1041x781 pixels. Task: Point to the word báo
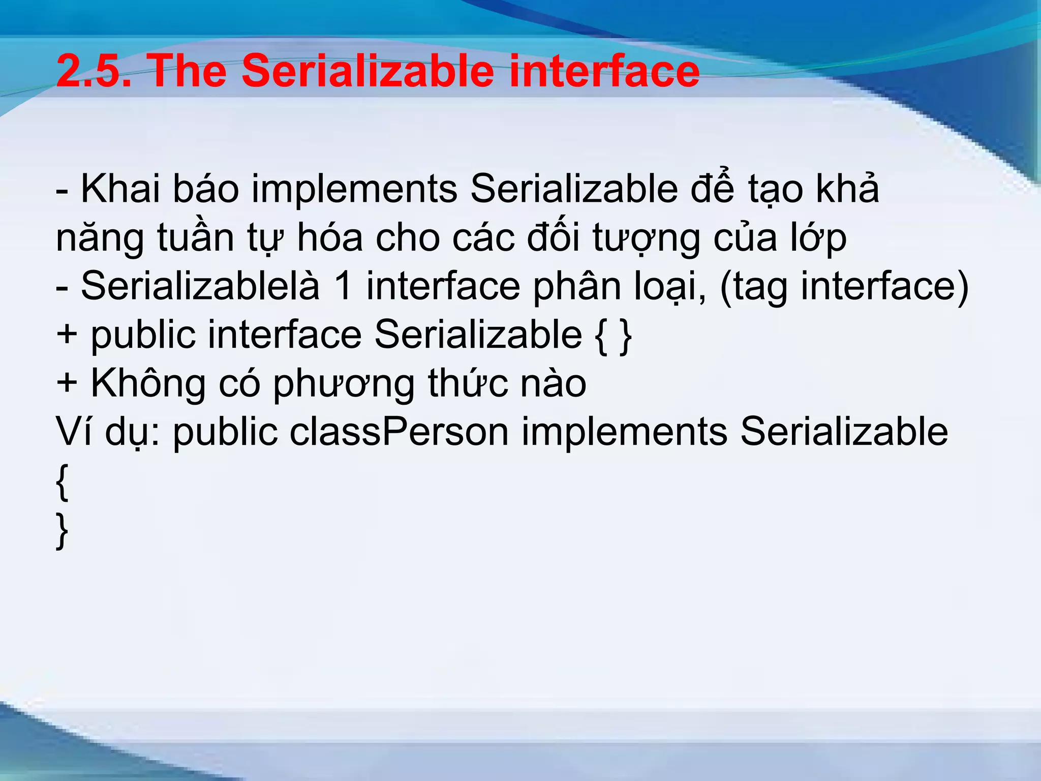206,189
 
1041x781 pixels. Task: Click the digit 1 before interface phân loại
343,286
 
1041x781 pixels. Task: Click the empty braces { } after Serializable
613,336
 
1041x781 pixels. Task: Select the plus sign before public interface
67,336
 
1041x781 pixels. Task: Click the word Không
148,384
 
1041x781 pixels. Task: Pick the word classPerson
400,433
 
